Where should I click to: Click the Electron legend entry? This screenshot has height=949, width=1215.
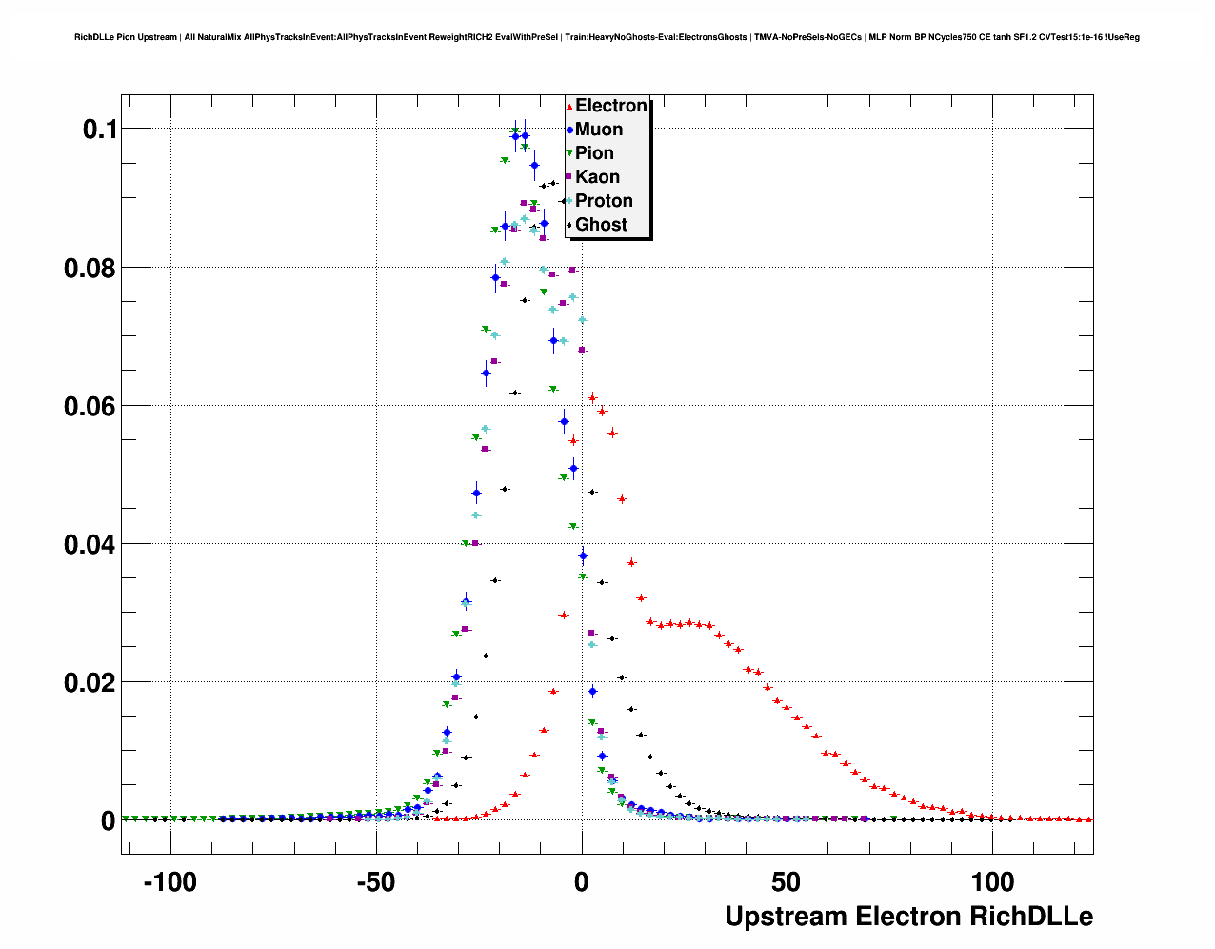coord(610,106)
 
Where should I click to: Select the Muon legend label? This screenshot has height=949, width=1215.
coord(598,130)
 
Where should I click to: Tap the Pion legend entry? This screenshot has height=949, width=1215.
coord(594,153)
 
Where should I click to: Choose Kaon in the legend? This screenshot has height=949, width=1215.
coord(597,177)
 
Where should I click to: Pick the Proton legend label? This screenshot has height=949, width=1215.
coord(604,201)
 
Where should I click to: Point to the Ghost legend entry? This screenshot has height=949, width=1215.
coord(601,225)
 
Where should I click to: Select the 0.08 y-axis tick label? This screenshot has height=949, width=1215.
coord(90,269)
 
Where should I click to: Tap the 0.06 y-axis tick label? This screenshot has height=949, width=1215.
coord(90,407)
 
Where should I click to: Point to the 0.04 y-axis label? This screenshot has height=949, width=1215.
coord(90,545)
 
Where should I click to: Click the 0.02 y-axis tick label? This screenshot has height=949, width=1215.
coord(90,683)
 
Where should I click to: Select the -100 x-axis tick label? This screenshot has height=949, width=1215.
coord(169,883)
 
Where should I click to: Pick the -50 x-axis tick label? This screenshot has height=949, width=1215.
coord(375,883)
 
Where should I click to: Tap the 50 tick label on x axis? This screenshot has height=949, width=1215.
coord(787,883)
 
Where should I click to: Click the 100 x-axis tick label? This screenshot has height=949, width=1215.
coord(992,883)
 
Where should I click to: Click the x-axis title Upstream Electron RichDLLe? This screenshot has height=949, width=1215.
coord(908,917)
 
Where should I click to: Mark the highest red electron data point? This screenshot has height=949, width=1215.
coord(592,397)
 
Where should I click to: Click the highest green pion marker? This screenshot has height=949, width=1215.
coord(515,131)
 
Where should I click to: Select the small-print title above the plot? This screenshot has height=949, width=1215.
coord(607,37)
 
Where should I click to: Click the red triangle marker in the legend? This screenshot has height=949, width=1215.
coord(568,106)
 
